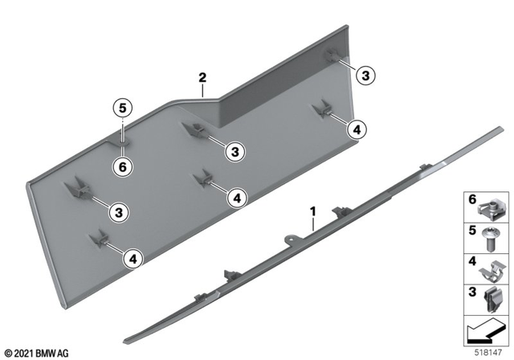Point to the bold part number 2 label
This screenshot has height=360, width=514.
click(203, 78)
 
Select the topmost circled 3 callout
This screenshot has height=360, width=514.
click(365, 76)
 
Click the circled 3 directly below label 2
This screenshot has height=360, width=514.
click(234, 150)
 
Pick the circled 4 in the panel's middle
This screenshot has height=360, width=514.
click(237, 196)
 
